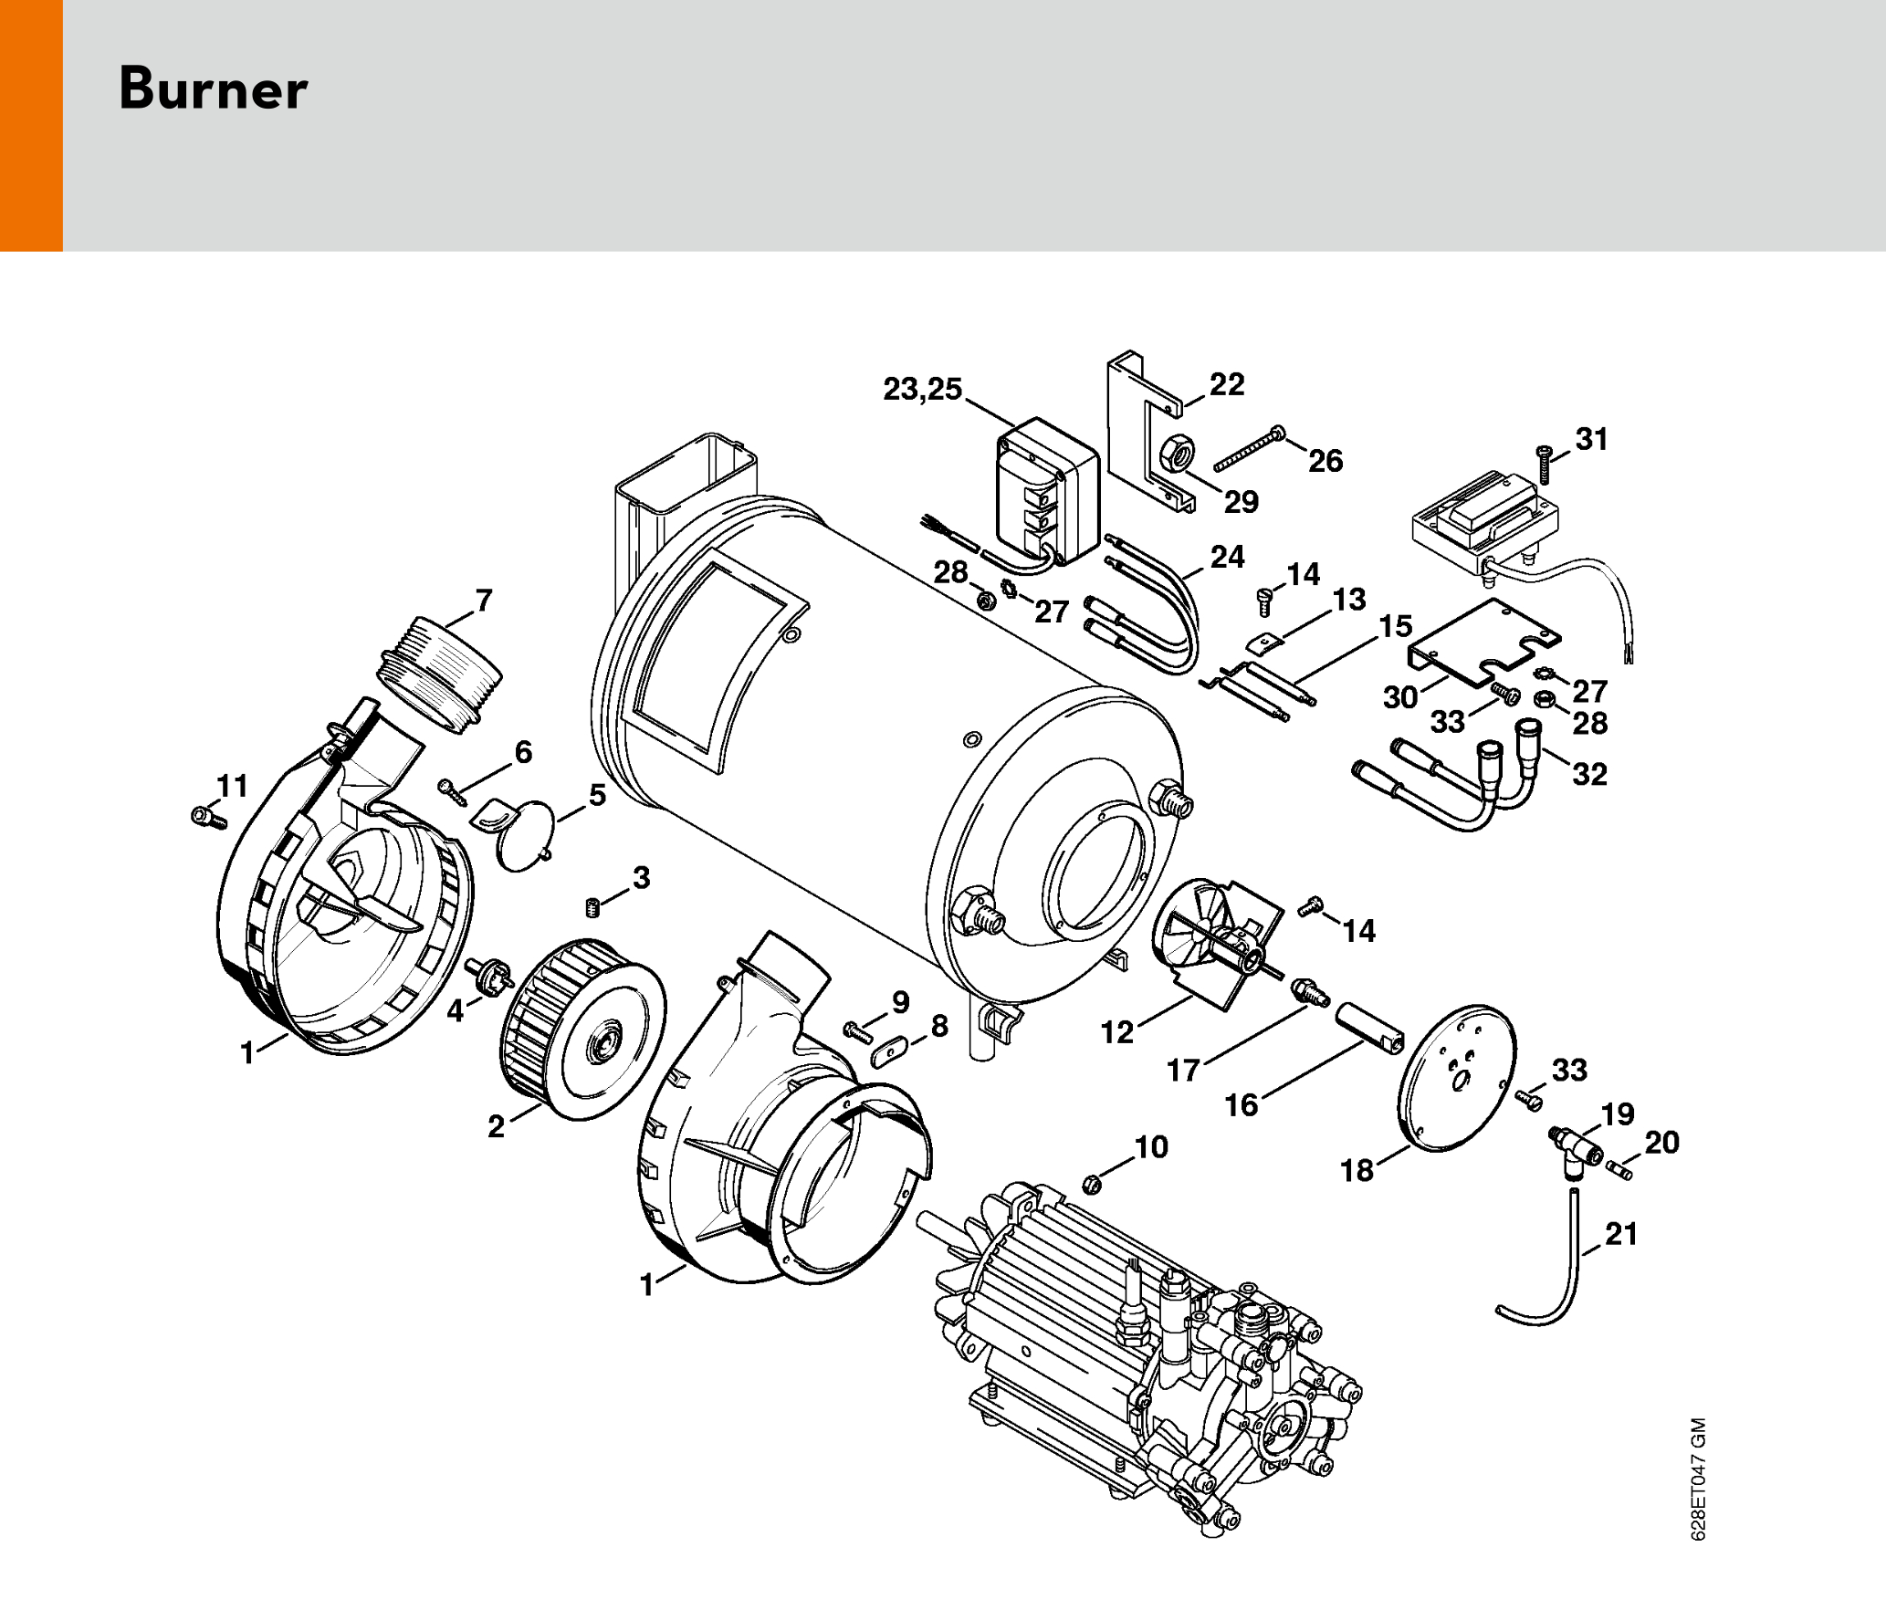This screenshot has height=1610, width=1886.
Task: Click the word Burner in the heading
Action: [x=213, y=89]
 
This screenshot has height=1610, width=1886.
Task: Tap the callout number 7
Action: [x=484, y=601]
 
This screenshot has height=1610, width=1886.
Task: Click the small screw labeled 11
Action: [x=208, y=817]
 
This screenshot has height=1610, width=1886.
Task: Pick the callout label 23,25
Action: [x=922, y=389]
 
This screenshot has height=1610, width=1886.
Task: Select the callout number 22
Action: [x=1227, y=384]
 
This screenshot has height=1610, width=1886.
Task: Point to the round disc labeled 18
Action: [x=1457, y=1079]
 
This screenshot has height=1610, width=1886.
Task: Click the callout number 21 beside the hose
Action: [x=1621, y=1234]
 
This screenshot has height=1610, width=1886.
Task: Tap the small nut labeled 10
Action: [x=1089, y=1185]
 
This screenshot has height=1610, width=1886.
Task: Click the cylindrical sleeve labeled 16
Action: [x=1370, y=1029]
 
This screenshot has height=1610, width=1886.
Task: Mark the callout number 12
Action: [x=1116, y=1032]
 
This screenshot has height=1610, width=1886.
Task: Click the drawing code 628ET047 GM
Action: [x=1698, y=1479]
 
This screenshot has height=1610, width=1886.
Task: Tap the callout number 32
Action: [x=1589, y=774]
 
